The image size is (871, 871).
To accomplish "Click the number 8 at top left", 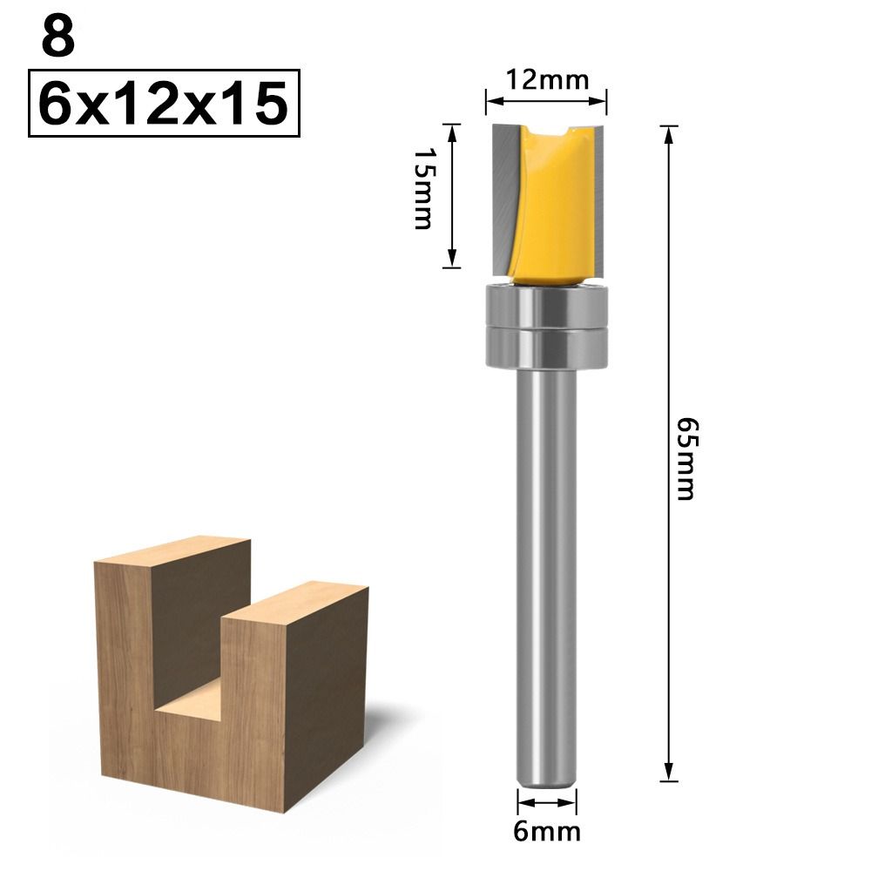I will click(57, 39).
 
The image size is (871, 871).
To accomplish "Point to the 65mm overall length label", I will click(688, 456).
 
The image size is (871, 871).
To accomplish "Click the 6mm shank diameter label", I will click(547, 831).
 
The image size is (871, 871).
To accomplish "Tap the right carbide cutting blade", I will click(598, 196).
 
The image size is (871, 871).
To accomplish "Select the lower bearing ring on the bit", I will click(546, 348).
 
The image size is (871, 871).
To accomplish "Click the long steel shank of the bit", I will click(546, 566).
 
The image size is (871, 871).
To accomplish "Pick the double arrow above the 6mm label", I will click(546, 804).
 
